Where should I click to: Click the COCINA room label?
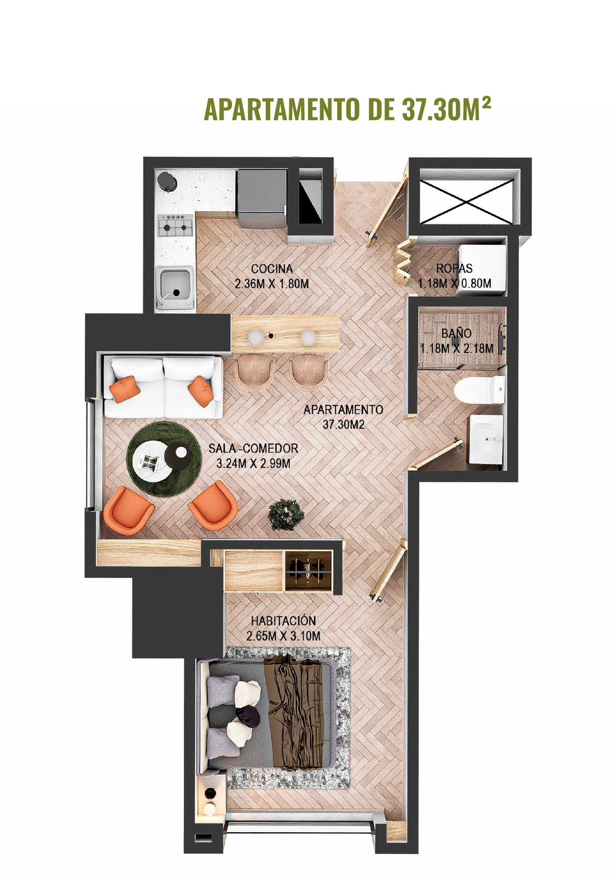coord(272,269)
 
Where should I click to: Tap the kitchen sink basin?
coord(175,285)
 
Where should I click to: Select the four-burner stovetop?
coord(175,226)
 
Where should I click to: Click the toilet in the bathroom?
coord(480,389)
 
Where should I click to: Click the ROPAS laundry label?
coord(454,268)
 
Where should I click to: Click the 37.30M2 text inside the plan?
coord(343,425)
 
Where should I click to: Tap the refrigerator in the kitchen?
coord(263,198)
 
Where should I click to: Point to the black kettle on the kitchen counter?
coord(167,182)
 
